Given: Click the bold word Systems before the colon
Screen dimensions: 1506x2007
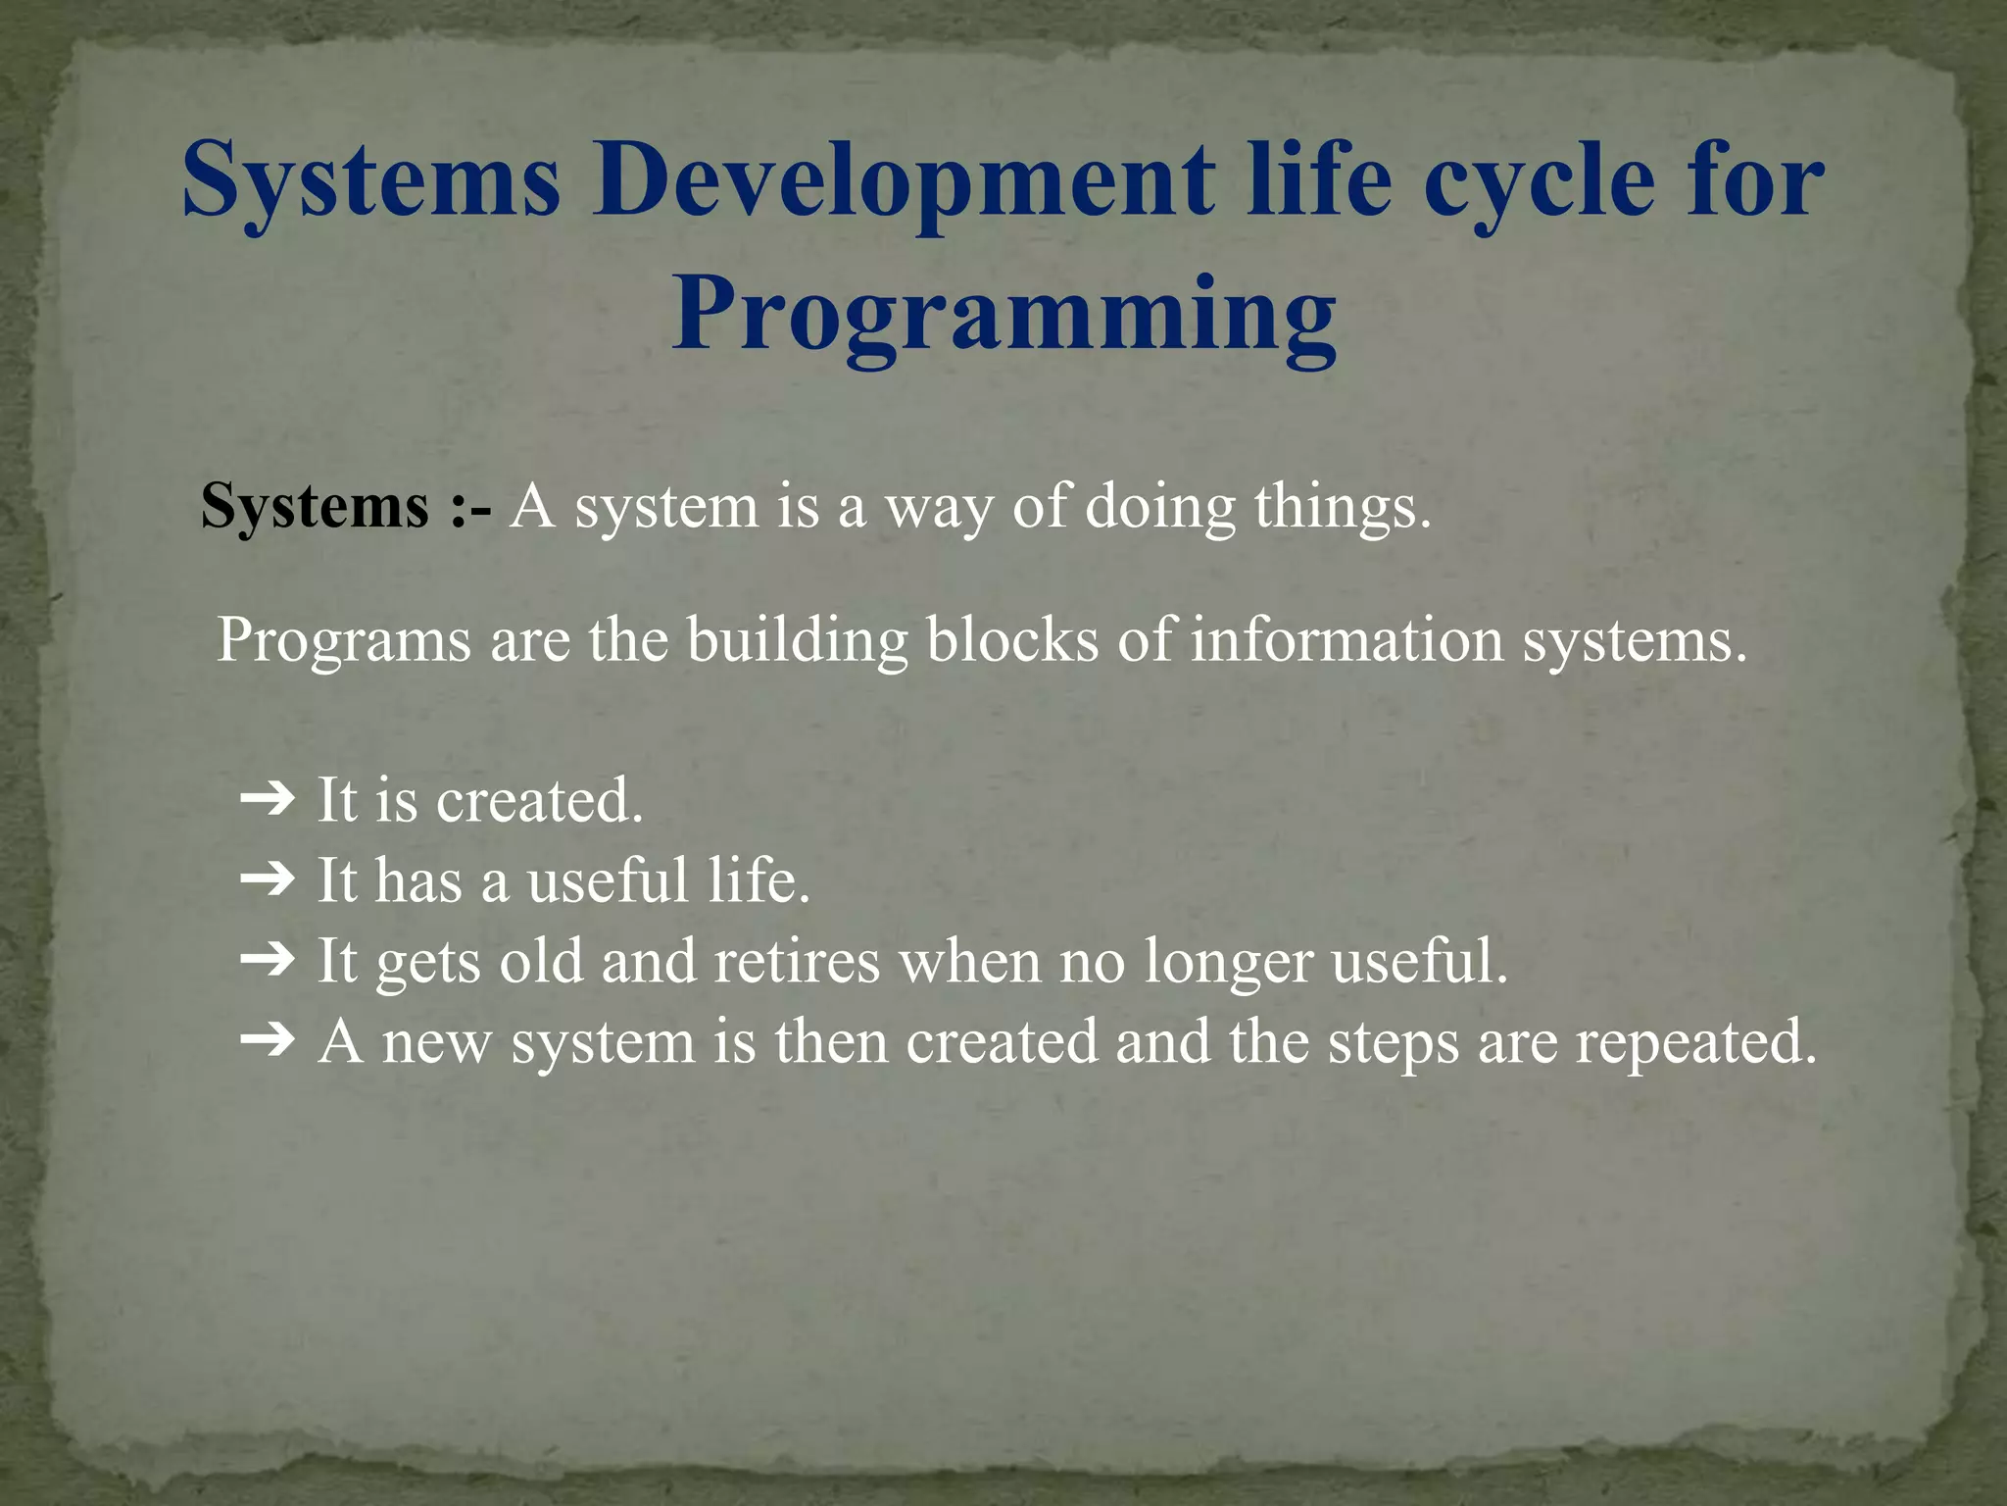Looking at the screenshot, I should (315, 507).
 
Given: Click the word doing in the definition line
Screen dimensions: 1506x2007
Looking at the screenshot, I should (1160, 507).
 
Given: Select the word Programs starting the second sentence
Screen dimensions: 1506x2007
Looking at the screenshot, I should (343, 640).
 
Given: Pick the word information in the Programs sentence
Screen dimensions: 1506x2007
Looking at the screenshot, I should (1346, 640).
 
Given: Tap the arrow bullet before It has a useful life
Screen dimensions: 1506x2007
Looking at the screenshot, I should (267, 880).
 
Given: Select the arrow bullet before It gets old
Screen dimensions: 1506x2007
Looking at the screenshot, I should (267, 961).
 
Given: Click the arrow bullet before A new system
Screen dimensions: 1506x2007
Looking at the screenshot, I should (267, 1041).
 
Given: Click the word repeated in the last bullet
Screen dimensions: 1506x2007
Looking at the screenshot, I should (1695, 1041).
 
